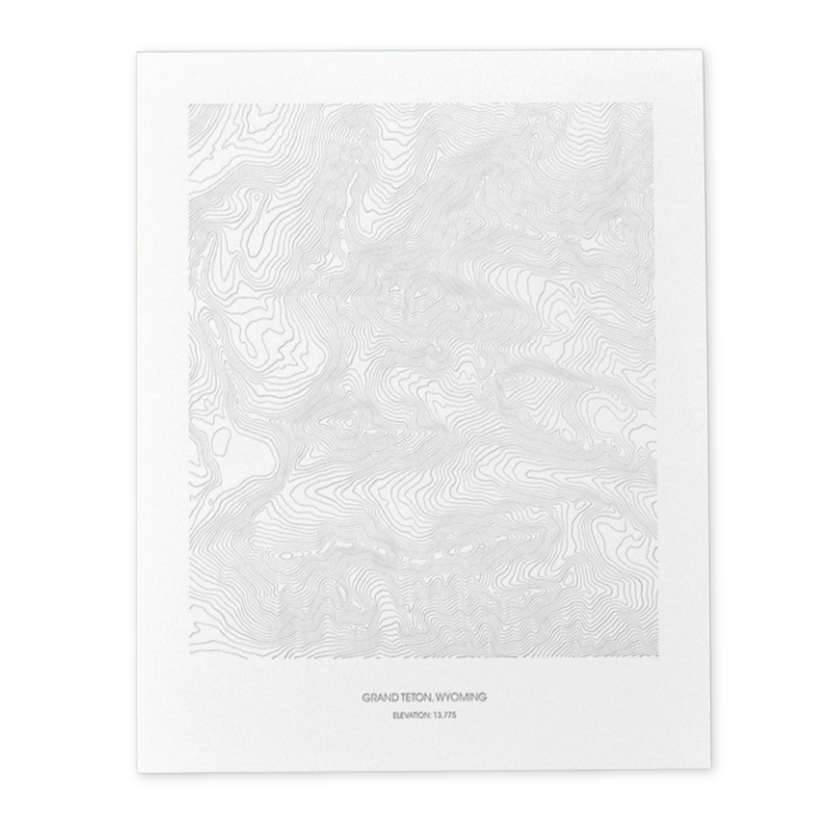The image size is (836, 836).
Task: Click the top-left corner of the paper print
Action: click(x=137, y=52)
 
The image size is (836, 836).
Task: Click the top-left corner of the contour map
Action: click(x=189, y=104)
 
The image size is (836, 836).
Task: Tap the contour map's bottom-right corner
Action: click(x=658, y=656)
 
